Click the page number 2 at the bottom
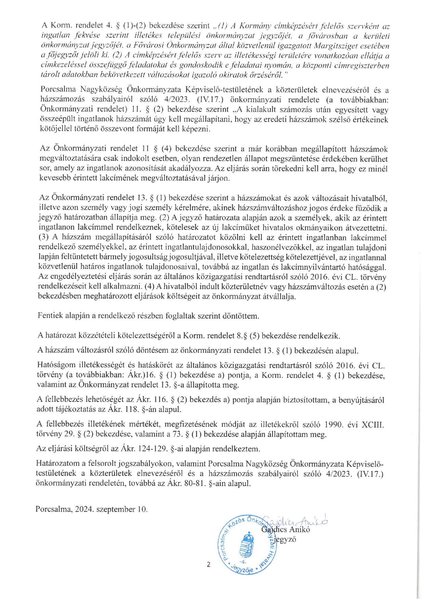209,564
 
